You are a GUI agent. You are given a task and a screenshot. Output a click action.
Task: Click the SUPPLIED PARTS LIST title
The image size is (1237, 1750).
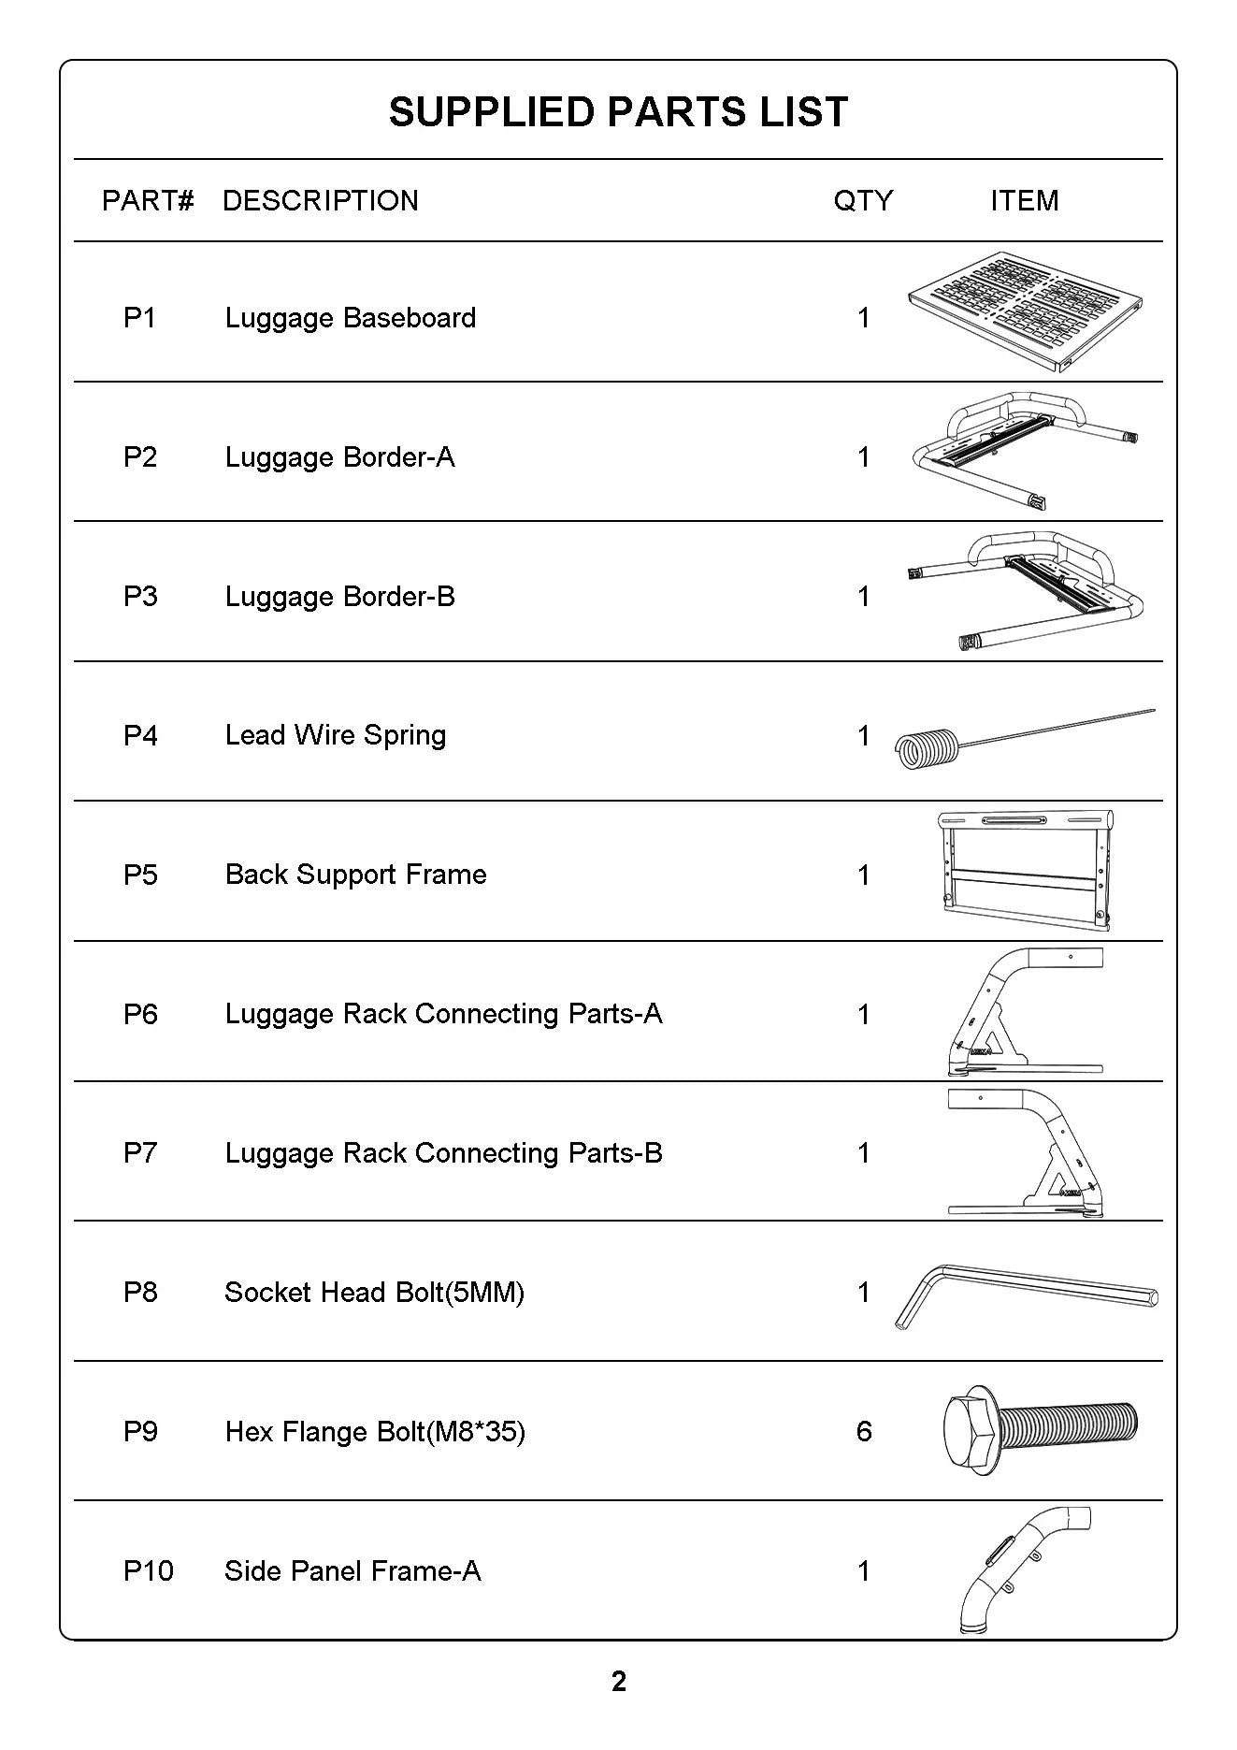(618, 112)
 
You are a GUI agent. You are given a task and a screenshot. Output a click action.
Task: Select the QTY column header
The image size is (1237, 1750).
(863, 200)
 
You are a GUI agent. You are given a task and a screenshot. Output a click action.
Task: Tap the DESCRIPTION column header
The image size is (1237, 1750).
(320, 200)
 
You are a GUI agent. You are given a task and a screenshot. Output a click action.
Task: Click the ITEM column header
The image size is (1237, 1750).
(1025, 200)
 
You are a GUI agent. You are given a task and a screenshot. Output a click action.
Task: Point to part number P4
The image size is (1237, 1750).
(140, 735)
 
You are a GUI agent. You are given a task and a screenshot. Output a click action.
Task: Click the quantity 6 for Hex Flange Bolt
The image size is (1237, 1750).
(864, 1431)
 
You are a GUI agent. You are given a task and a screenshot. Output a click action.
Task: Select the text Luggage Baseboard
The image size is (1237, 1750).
(351, 318)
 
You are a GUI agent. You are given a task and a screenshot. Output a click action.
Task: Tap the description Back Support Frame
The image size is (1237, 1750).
(355, 875)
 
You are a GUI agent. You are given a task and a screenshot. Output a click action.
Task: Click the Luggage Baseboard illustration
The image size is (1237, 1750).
(1025, 311)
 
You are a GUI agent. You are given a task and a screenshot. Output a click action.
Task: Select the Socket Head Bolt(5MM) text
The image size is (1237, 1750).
(374, 1293)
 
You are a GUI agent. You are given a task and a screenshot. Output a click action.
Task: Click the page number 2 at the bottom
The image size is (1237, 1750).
(618, 1682)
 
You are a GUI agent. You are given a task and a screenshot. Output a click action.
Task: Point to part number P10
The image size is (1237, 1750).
(148, 1570)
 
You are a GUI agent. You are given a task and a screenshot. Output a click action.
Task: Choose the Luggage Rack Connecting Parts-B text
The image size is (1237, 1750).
(443, 1153)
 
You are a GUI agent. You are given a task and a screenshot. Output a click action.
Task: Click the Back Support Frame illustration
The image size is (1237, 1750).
(1025, 870)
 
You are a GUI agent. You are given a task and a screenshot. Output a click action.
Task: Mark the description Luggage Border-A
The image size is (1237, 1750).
(339, 457)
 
